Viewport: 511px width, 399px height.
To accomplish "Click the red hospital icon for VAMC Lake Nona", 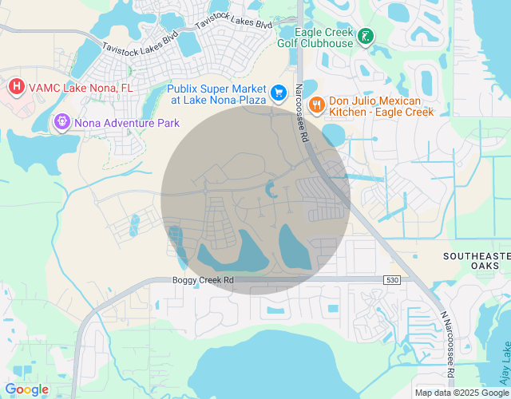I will (x=15, y=85).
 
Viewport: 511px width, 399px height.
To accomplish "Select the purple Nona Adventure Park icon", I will (x=61, y=123).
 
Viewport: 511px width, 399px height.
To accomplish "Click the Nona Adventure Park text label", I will (x=126, y=123).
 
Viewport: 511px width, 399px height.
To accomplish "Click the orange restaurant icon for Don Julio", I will (x=317, y=105).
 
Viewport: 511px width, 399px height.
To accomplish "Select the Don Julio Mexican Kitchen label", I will (x=381, y=105).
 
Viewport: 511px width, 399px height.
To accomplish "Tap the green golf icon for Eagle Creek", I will (x=365, y=36).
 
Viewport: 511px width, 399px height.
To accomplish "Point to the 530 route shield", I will (x=390, y=279).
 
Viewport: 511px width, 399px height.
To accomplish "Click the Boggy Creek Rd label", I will (x=203, y=280).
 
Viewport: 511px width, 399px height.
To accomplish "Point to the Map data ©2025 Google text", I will (x=461, y=392).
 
